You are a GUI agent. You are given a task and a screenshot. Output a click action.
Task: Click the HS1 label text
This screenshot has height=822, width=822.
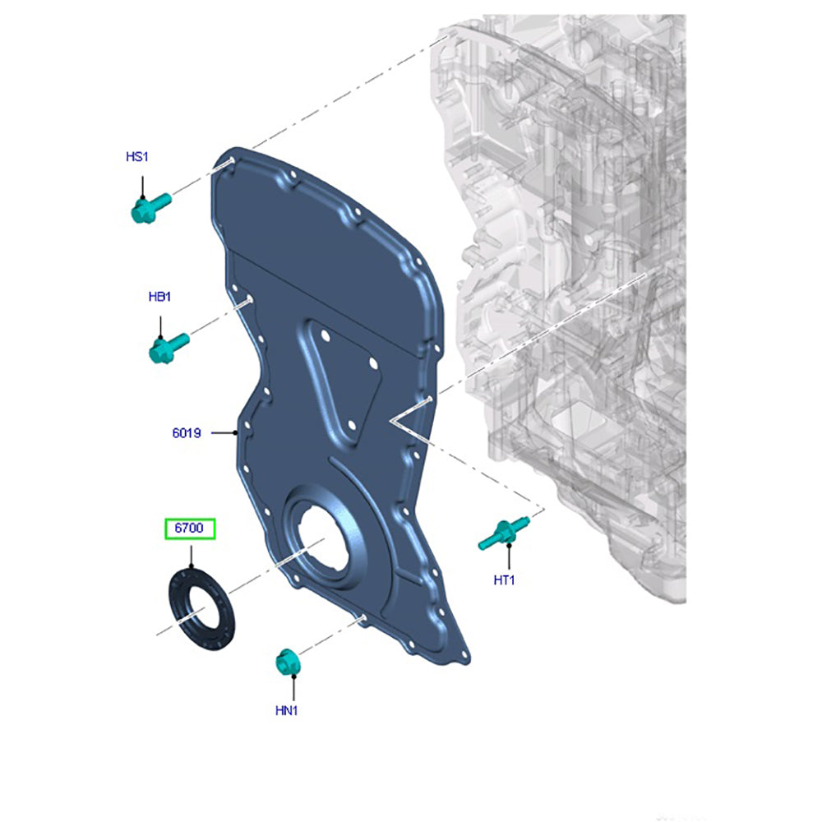pos(137,157)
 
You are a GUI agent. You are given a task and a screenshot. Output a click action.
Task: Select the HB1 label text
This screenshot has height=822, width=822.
pos(160,297)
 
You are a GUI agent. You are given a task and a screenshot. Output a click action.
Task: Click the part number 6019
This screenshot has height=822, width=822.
pos(187,433)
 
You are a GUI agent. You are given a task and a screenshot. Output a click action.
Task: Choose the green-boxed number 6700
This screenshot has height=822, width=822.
pos(189,528)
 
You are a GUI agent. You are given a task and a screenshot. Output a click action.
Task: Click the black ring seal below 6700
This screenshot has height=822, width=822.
pos(202,608)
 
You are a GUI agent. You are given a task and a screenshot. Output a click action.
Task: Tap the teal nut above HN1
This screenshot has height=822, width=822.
pos(287,662)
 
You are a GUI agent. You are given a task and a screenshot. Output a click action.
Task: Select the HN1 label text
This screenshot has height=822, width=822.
pos(287,711)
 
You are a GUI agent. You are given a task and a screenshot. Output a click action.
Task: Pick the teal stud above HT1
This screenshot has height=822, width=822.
pos(503,533)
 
